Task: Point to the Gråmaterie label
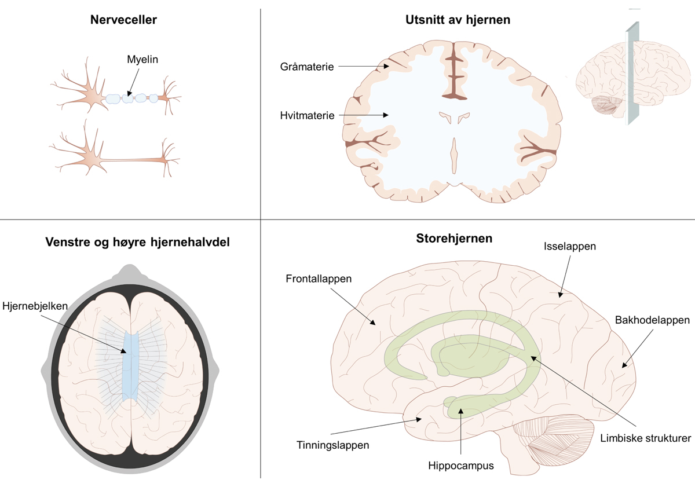306,67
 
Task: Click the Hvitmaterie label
307,115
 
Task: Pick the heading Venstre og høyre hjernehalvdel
137,242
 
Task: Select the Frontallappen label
319,279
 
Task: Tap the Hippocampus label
461,465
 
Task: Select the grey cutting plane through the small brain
632,75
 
